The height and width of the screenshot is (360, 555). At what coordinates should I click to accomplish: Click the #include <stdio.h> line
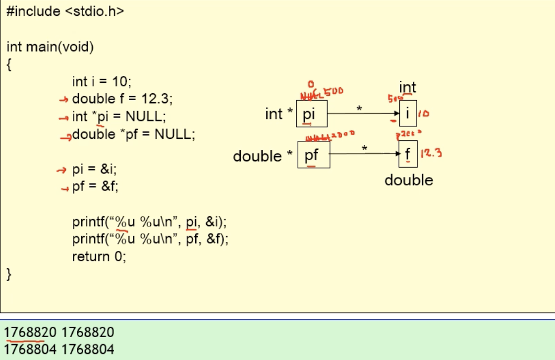tap(65, 11)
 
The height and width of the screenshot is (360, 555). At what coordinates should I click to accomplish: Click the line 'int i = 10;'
tap(102, 81)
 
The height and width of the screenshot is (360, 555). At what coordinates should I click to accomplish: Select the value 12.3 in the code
tap(156, 99)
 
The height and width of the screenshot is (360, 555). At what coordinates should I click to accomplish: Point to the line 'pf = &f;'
tap(95, 187)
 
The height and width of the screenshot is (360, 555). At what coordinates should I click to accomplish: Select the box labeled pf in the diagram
tap(313, 155)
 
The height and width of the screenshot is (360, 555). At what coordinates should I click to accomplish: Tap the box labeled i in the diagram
tap(408, 114)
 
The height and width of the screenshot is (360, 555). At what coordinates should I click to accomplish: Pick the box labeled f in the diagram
tap(408, 154)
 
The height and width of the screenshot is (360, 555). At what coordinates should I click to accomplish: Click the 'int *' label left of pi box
tap(280, 114)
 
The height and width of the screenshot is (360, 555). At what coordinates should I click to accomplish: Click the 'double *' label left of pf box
tap(263, 156)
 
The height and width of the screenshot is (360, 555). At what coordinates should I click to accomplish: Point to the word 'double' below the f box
tap(409, 180)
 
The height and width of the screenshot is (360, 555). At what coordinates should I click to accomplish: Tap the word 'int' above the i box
tap(407, 88)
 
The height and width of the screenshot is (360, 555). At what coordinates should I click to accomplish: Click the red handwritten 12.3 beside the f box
tap(431, 153)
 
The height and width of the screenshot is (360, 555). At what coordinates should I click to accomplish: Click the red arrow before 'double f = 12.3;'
tap(63, 100)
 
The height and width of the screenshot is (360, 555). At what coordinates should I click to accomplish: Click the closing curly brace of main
tap(9, 274)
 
